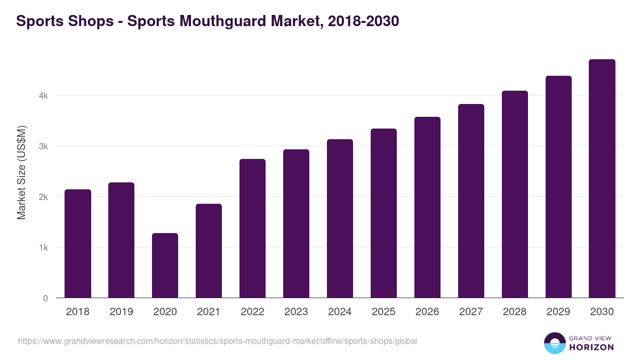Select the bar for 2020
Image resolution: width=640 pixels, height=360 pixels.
tap(165, 266)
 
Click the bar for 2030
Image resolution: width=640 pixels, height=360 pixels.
tap(602, 179)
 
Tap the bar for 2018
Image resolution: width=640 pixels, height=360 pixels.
tap(78, 244)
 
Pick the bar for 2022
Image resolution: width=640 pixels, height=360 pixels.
tap(252, 228)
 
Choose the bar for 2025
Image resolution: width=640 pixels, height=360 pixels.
tap(383, 213)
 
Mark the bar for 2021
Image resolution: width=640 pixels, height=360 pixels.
tap(209, 251)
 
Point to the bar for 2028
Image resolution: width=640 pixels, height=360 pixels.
tap(515, 194)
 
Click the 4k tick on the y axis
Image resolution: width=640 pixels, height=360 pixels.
tap(43, 96)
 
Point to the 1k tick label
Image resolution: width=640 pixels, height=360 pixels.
tap(43, 248)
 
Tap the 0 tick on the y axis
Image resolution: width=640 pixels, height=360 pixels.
tap(45, 299)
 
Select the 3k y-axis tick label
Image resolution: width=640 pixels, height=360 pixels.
tap(43, 147)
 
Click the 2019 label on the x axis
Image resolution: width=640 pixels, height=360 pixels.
tap(121, 312)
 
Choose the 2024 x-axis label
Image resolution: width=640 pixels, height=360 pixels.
tap(340, 312)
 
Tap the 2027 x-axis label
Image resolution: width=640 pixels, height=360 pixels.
tap(471, 312)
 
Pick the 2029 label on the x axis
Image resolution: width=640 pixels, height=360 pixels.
tap(558, 312)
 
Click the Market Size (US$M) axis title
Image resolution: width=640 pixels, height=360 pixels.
tap(21, 172)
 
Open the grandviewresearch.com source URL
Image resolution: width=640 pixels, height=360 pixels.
tap(217, 341)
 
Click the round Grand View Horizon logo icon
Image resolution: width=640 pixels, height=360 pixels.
tap(554, 343)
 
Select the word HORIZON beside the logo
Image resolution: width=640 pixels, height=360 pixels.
tap(591, 347)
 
